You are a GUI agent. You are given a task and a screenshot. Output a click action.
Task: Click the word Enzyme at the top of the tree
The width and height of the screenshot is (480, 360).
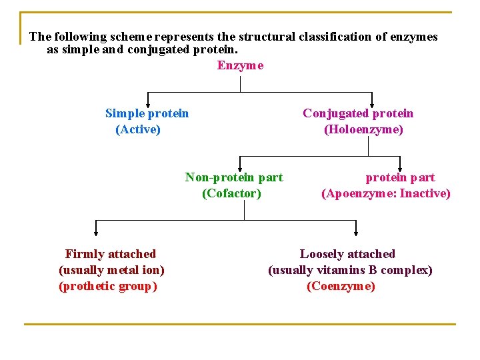(240, 65)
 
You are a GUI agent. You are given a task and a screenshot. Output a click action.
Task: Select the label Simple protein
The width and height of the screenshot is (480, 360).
(147, 113)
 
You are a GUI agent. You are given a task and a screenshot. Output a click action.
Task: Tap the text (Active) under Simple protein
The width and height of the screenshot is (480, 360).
(138, 129)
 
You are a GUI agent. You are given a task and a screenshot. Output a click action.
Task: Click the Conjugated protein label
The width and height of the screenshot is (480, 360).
(358, 113)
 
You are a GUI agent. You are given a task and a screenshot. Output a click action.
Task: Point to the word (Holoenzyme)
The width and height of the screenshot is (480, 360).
(363, 129)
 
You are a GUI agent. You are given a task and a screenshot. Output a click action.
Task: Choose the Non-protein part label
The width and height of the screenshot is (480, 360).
(233, 177)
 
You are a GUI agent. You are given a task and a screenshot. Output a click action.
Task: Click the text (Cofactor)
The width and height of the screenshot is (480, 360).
(231, 193)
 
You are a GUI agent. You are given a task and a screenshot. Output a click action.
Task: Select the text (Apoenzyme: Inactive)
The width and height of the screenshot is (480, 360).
(386, 193)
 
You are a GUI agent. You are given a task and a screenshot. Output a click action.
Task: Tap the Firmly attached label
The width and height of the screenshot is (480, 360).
(111, 254)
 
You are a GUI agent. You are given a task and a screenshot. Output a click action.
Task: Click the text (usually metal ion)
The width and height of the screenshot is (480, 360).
(111, 270)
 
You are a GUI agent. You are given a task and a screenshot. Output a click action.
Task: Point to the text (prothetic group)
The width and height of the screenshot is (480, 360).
(108, 286)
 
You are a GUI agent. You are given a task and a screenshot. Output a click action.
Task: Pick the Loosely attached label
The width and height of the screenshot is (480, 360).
(347, 254)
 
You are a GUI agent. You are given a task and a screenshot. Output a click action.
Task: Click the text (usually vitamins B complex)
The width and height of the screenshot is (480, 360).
(350, 270)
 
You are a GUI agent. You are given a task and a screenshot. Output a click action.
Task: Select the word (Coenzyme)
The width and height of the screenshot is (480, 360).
(341, 286)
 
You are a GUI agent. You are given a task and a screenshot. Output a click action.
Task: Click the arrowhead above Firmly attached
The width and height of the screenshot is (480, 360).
(96, 232)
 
